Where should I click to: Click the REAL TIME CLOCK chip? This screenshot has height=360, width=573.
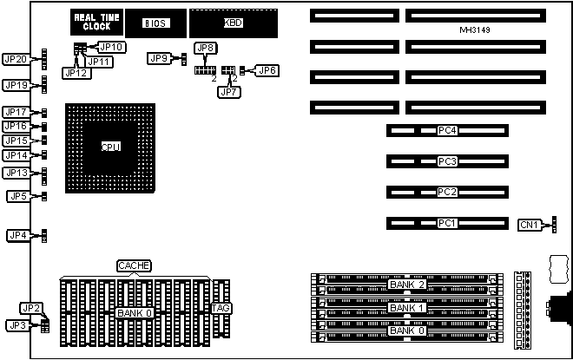click(x=97, y=23)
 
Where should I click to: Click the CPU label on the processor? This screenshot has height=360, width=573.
click(x=110, y=147)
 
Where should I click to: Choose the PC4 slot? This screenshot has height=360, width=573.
click(x=447, y=132)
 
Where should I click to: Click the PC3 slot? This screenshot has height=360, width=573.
click(x=447, y=161)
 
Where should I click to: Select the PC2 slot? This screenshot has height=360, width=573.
click(x=447, y=192)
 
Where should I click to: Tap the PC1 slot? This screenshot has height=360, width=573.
click(x=447, y=223)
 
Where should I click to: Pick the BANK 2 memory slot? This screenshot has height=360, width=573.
click(x=406, y=285)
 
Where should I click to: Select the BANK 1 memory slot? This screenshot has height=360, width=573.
click(x=406, y=308)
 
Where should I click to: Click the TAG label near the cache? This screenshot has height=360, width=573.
click(x=221, y=308)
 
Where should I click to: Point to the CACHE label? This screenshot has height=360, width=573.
click(x=135, y=265)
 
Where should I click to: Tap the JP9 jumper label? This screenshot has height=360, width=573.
click(x=159, y=58)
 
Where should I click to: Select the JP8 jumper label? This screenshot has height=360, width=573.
click(x=206, y=48)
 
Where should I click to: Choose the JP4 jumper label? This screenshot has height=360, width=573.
click(x=17, y=235)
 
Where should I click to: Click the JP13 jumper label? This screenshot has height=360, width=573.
click(x=17, y=173)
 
